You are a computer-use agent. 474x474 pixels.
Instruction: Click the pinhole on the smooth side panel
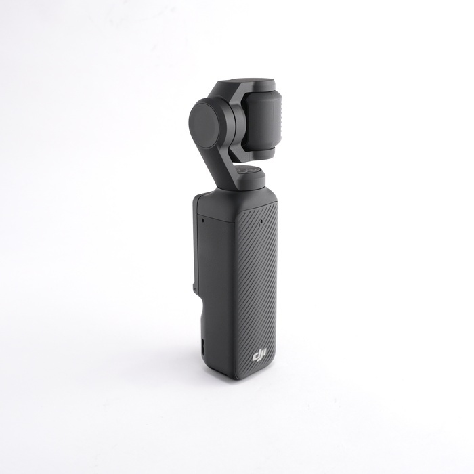[201, 219]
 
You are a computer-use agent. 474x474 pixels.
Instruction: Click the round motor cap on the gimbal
[207, 123]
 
